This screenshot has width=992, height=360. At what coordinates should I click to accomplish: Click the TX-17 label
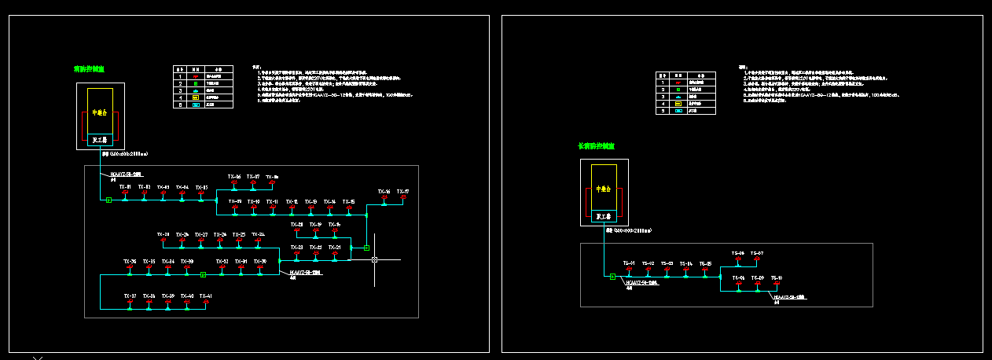(x=402, y=191)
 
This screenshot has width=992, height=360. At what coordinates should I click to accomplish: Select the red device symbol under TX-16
(x=384, y=197)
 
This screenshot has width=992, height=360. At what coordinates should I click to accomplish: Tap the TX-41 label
(x=205, y=296)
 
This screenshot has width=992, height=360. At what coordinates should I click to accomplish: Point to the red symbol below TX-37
(x=130, y=302)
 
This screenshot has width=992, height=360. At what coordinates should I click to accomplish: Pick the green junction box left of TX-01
(x=109, y=200)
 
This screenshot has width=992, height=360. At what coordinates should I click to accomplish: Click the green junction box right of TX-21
(x=366, y=248)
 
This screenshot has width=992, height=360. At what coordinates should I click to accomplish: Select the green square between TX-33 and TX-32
(x=203, y=274)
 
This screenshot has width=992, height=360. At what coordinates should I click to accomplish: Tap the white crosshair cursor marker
(x=375, y=259)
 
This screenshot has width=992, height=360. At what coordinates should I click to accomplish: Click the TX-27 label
(x=201, y=234)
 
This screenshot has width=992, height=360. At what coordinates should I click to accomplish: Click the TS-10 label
(x=777, y=278)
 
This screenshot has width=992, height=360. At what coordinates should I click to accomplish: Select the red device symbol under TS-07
(x=757, y=259)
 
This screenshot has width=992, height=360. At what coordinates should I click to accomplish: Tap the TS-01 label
(x=629, y=263)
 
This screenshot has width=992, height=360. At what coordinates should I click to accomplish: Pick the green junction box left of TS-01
(x=612, y=276)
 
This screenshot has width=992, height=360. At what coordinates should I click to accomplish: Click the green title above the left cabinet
(x=89, y=69)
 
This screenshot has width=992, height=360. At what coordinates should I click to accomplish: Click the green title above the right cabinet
(x=596, y=146)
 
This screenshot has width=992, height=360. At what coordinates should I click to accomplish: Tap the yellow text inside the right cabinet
(x=604, y=189)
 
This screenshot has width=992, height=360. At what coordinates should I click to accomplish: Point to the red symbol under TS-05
(x=705, y=270)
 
